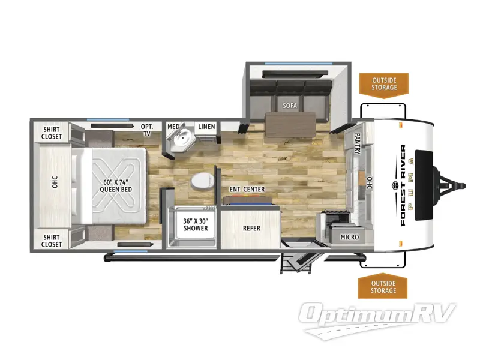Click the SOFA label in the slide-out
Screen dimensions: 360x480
[x=290, y=106]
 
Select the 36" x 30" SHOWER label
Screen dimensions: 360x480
[x=196, y=224]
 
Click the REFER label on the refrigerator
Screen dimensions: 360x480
[x=251, y=228]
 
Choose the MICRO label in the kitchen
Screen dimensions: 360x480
[x=349, y=237]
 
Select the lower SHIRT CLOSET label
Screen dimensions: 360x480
[x=52, y=240]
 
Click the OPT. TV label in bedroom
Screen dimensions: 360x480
[x=146, y=130]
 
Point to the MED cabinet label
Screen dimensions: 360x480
[x=173, y=126]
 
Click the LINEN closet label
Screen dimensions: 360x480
[x=206, y=126]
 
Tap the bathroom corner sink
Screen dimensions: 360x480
[x=181, y=143]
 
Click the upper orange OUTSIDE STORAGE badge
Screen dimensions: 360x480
[x=383, y=83]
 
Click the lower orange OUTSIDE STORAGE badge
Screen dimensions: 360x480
[x=383, y=287]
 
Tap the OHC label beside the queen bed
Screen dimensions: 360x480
[x=54, y=183]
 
